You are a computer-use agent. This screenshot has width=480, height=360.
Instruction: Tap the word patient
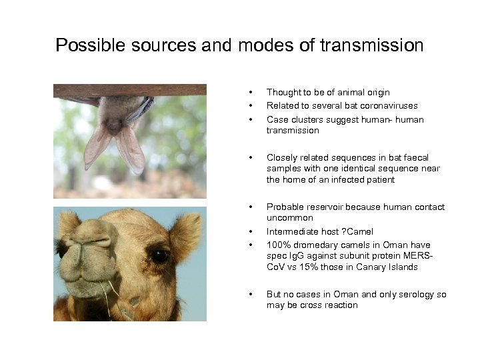pos(379,179)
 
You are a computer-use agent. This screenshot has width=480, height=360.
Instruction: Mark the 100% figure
pos(279,245)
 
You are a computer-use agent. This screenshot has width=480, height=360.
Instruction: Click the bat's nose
pos(115,126)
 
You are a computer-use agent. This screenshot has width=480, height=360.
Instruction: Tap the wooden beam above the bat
pos(130,90)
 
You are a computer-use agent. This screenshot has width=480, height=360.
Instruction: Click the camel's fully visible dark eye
pos(159,255)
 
